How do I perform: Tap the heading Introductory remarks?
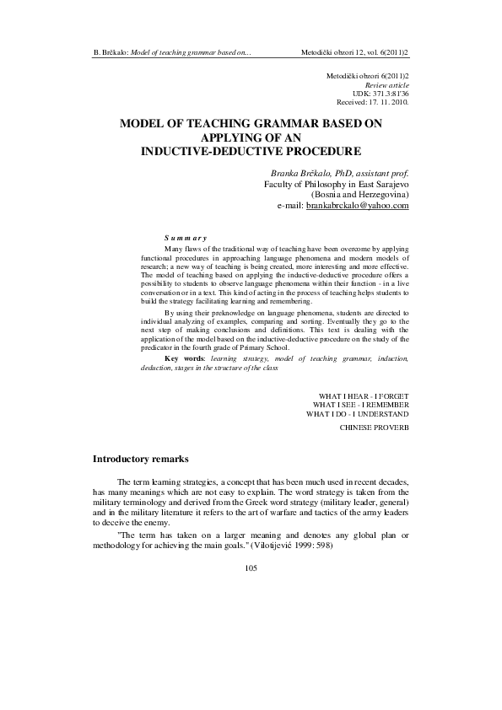point(145,459)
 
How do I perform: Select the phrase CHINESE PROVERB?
point(374,428)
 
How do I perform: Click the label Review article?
point(387,86)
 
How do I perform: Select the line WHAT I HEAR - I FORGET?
point(364,395)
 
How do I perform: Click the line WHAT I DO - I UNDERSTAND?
point(358,414)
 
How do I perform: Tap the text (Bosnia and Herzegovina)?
point(359,194)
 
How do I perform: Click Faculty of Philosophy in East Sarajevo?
point(337,182)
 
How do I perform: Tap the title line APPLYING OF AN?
point(253,137)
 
